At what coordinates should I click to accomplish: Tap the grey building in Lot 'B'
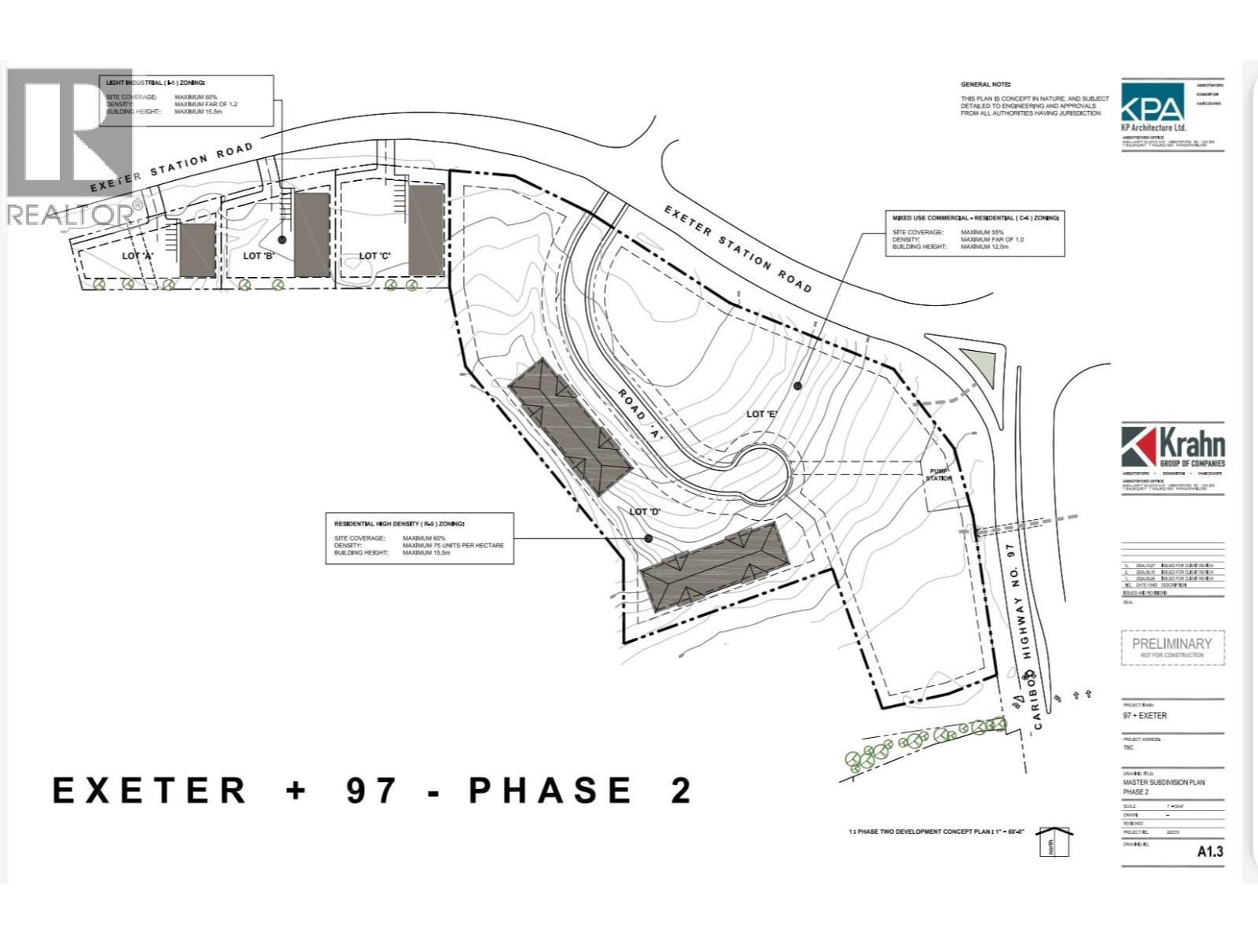click(311, 234)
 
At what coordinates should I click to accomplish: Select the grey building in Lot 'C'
click(426, 230)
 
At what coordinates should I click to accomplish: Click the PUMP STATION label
click(938, 474)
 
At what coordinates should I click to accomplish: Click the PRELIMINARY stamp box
click(1172, 647)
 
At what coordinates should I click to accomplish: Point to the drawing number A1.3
click(1209, 851)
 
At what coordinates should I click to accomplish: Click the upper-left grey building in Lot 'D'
click(570, 426)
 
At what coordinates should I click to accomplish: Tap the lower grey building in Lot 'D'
click(714, 566)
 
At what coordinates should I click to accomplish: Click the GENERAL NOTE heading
click(985, 84)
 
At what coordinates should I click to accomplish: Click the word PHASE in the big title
click(550, 791)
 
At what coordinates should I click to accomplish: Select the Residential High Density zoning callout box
click(419, 538)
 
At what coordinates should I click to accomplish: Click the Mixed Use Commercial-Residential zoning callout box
click(975, 233)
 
